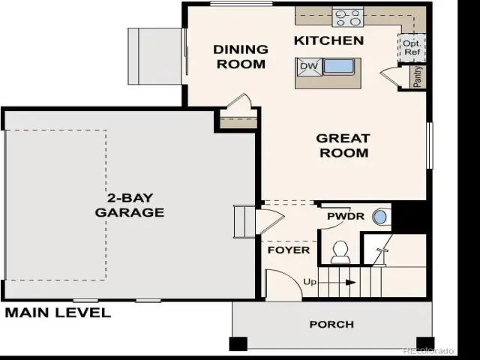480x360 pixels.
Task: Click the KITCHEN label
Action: (x=329, y=40)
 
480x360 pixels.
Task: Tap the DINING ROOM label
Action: (x=241, y=57)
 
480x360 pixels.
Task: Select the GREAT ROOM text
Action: (x=343, y=145)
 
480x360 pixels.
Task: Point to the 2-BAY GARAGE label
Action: (x=130, y=205)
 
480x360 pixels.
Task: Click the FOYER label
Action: (x=289, y=250)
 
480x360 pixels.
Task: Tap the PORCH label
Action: (x=331, y=324)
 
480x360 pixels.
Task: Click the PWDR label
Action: (x=346, y=216)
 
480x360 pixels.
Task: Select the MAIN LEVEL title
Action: (x=58, y=313)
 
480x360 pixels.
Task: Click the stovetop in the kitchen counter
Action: (x=348, y=18)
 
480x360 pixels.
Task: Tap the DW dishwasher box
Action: (x=309, y=67)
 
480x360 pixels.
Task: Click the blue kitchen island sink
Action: (x=339, y=66)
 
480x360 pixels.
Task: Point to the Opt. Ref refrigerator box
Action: (x=412, y=48)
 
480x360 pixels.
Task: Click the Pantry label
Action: (x=418, y=76)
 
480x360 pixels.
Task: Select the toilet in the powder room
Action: (x=340, y=252)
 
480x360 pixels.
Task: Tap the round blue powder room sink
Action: (x=379, y=217)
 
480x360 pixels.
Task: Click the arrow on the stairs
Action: (x=337, y=282)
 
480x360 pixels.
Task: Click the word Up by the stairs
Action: (x=310, y=282)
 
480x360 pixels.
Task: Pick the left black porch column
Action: (x=238, y=343)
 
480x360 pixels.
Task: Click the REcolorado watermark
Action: (x=428, y=351)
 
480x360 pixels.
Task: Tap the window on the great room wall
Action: (x=430, y=145)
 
